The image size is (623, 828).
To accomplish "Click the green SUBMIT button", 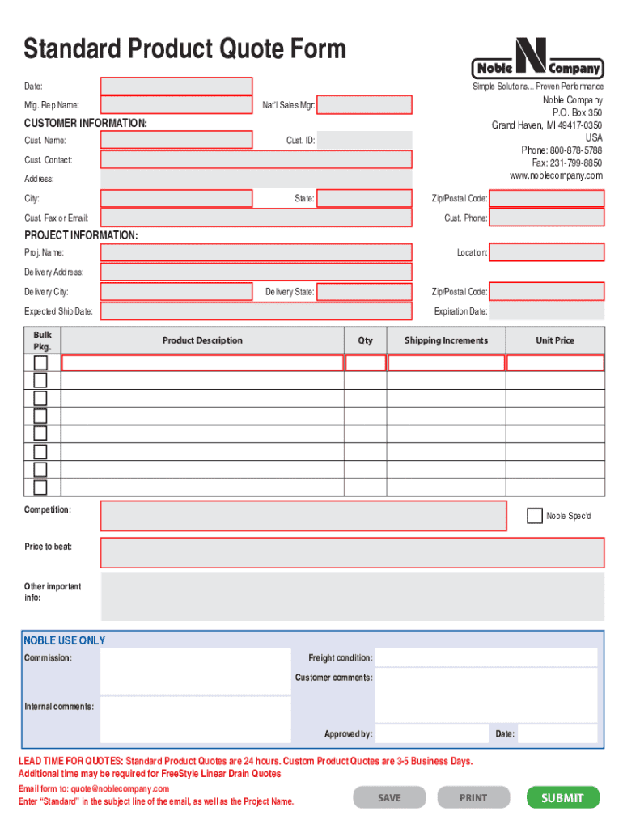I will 562,797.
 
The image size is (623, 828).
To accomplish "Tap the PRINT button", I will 473,797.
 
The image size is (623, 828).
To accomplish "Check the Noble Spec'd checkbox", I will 534,515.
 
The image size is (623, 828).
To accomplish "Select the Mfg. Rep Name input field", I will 176,105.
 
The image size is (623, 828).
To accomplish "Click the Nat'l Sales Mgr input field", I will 364,105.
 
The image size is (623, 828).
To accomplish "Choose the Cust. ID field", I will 364,141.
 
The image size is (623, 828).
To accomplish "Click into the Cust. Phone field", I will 547,218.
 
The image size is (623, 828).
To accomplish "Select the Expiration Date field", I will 547,311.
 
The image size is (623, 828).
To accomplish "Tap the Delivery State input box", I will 364,292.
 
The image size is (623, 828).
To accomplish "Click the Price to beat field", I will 352,552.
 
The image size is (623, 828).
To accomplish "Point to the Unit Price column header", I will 555,340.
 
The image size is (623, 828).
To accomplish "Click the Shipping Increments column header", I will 446,340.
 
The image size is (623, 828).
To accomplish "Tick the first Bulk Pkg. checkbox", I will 40,362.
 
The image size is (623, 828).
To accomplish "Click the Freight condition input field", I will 486,657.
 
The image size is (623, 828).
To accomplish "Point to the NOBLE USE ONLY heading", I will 65,640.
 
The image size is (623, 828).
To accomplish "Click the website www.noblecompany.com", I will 556,175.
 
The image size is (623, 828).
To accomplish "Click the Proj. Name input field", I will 256,253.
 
